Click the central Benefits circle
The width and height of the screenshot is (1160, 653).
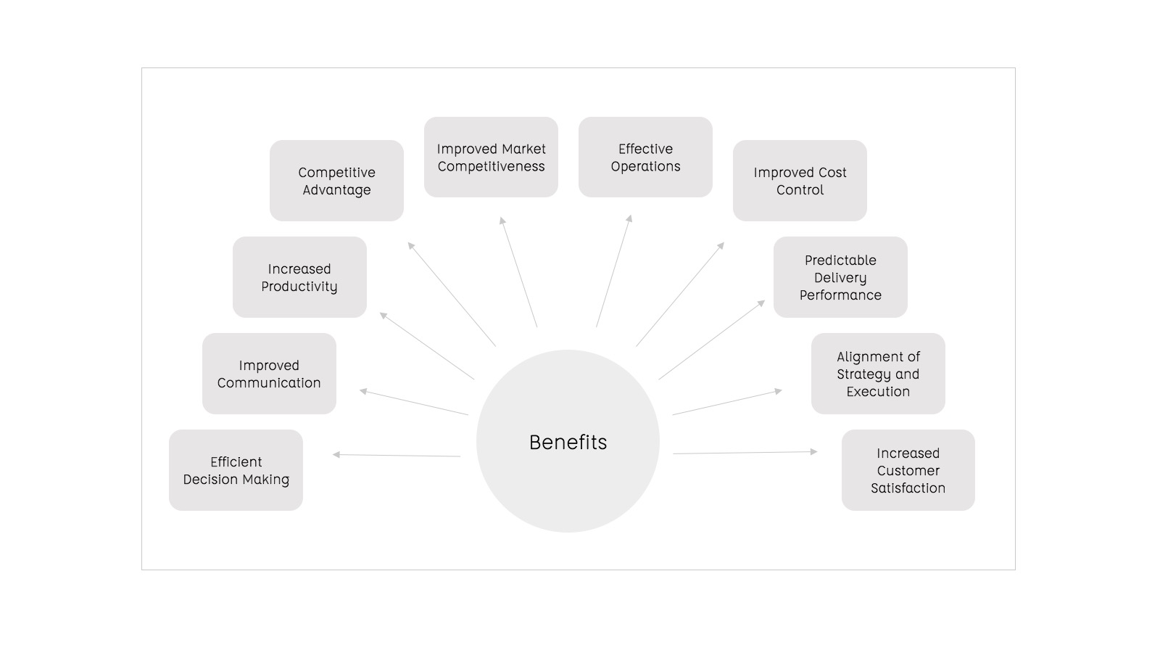(568, 441)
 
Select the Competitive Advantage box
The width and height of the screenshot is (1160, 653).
(336, 181)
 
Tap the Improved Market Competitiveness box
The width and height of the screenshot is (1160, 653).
(491, 157)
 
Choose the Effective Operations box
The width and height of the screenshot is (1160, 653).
(645, 157)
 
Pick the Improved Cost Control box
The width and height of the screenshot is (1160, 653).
(800, 181)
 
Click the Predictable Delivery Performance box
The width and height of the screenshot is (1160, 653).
(840, 277)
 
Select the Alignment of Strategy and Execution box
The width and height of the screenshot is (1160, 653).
(878, 374)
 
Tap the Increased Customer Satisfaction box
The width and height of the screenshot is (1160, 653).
(908, 470)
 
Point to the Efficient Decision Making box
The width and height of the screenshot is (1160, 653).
(236, 470)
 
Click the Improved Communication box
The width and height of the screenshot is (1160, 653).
(269, 374)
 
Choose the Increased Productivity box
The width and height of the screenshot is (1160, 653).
(299, 277)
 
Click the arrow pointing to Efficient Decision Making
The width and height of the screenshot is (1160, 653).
(397, 456)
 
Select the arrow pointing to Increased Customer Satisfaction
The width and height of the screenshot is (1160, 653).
(745, 453)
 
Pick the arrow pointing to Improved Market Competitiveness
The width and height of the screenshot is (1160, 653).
(518, 272)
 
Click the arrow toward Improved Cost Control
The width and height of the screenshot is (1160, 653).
(680, 294)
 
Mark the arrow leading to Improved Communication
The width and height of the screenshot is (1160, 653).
(414, 403)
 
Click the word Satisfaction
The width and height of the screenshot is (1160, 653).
(908, 488)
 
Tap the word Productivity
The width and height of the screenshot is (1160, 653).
(299, 287)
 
